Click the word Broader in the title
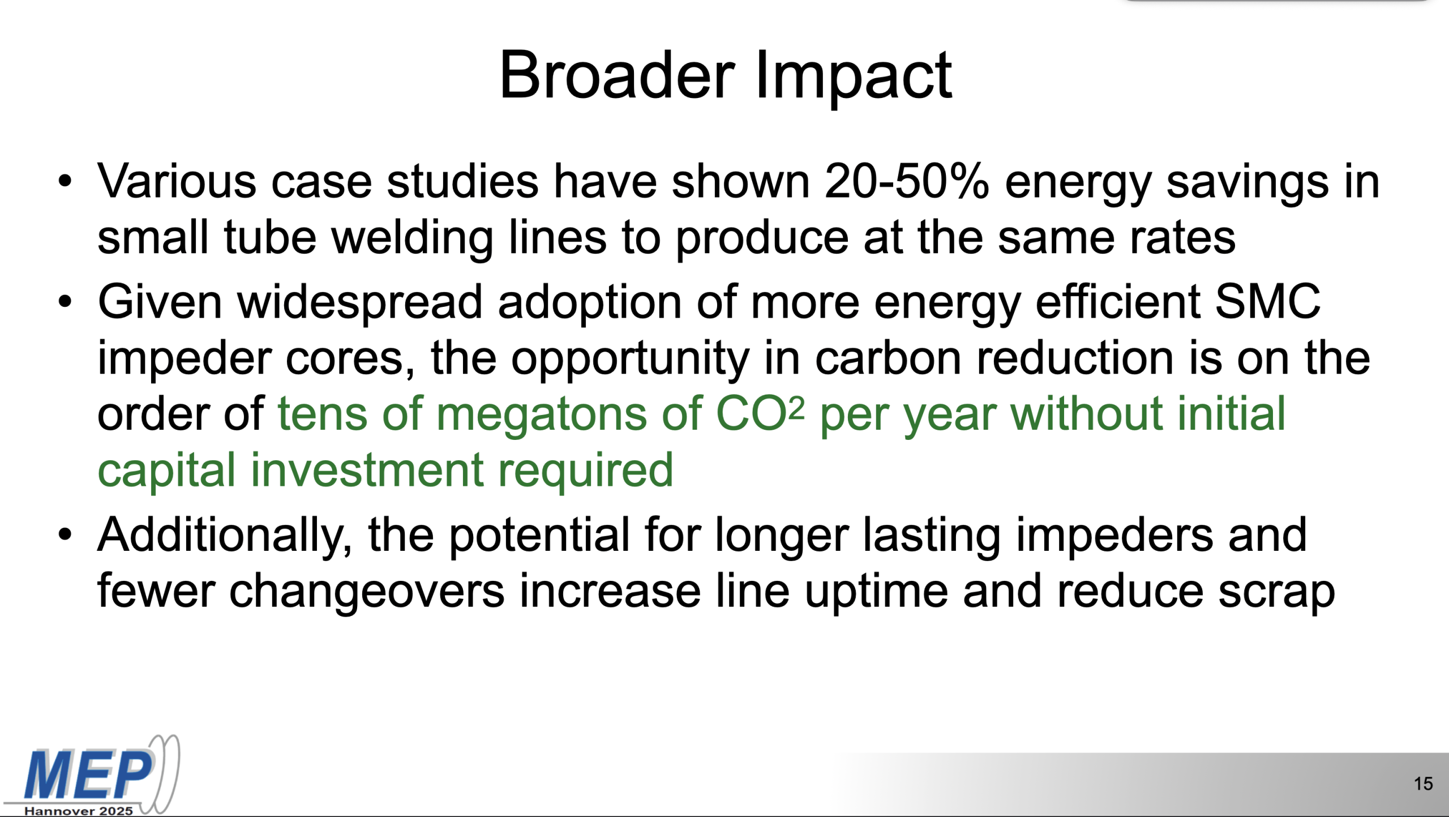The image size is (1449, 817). (618, 75)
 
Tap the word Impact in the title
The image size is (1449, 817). (854, 78)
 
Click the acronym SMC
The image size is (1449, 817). (1267, 302)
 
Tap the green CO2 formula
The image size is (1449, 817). (760, 413)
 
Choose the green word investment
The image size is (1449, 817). (367, 470)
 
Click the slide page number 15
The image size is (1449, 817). (1424, 784)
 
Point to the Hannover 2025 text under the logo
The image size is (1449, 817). (79, 811)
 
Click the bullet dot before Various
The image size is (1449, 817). (65, 182)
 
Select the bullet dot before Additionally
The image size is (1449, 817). (65, 534)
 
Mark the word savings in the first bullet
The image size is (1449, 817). (1247, 185)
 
